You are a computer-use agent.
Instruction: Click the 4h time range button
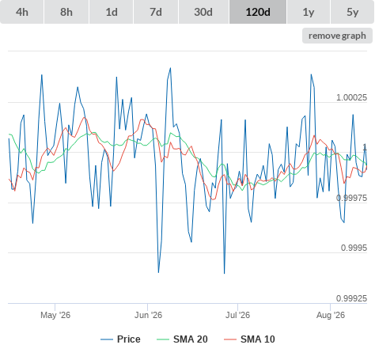[x=22, y=12]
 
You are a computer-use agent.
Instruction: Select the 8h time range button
[x=66, y=12]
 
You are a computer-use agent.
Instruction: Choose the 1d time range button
[x=112, y=12]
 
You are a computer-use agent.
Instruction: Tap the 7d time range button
[x=156, y=12]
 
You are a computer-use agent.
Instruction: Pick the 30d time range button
[x=203, y=12]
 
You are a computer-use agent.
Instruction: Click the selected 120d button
[x=258, y=12]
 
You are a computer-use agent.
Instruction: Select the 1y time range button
[x=309, y=12]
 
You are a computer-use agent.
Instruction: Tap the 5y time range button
[x=353, y=12]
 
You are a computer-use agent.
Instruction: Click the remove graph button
[x=337, y=36]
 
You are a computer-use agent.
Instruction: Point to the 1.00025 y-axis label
[x=351, y=97]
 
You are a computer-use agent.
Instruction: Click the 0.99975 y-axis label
[x=351, y=198]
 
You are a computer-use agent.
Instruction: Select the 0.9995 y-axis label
[x=354, y=248]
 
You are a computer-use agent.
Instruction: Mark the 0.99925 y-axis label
[x=351, y=298]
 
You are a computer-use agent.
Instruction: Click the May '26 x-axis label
[x=55, y=315]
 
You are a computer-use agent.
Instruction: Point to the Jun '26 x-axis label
[x=148, y=315]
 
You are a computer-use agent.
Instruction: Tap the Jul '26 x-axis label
[x=237, y=315]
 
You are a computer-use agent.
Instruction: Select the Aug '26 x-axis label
[x=331, y=315]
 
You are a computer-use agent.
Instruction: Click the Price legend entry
[x=120, y=339]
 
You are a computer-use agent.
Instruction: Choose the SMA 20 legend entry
[x=182, y=339]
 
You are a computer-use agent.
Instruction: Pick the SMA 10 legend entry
[x=249, y=339]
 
